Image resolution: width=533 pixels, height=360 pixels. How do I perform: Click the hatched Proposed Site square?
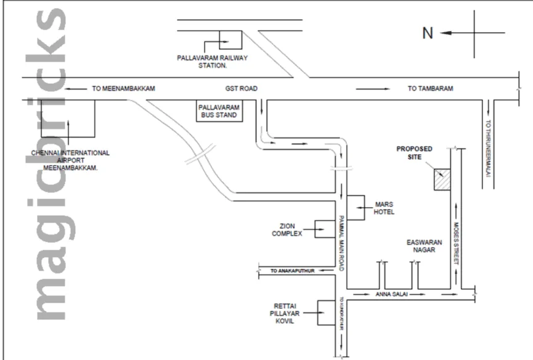[441, 181]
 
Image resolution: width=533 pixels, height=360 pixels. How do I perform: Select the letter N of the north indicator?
[428, 33]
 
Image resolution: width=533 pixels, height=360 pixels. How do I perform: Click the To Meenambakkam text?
[123, 89]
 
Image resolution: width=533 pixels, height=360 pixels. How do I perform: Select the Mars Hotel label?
[383, 208]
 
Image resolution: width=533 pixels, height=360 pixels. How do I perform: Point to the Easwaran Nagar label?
[421, 247]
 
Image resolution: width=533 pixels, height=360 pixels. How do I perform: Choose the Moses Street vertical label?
[457, 243]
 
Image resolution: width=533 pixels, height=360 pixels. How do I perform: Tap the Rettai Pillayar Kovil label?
[287, 314]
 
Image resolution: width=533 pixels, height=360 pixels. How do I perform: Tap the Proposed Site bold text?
[414, 153]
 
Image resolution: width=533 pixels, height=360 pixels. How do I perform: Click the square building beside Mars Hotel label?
[357, 208]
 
